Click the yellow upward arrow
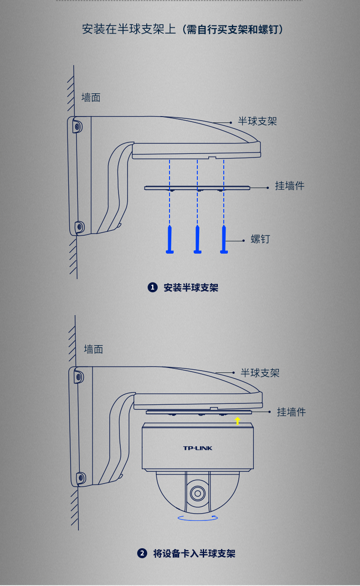(x=237, y=421)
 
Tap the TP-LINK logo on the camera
(x=198, y=448)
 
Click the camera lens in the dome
(x=198, y=494)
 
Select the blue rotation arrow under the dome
(x=198, y=518)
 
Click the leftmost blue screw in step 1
(x=170, y=239)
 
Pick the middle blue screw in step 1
(x=197, y=239)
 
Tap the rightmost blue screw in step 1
(x=224, y=239)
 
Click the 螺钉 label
(x=260, y=239)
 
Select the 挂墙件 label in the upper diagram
(x=289, y=186)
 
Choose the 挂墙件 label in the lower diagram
(x=291, y=412)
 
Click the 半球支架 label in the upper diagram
(x=257, y=121)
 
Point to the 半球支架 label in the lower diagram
(x=260, y=373)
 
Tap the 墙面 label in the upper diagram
(x=91, y=97)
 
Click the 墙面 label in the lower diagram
(x=93, y=349)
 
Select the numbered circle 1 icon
(x=153, y=287)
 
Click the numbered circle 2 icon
(x=142, y=554)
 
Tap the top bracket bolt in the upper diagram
(x=77, y=127)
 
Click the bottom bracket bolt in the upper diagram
(x=79, y=227)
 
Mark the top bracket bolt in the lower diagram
(x=78, y=377)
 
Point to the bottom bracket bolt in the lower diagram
(x=81, y=478)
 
